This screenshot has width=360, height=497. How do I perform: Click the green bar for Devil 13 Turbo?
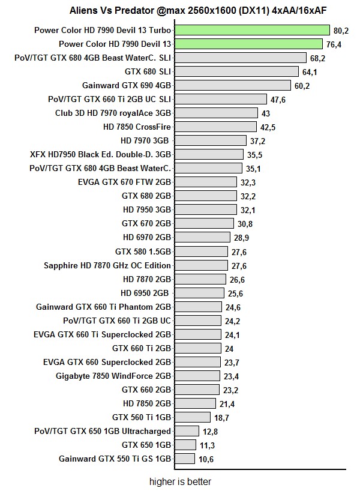[251, 30]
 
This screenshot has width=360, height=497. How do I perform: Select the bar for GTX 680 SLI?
[236, 71]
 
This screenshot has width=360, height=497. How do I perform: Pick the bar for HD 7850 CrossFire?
[214, 127]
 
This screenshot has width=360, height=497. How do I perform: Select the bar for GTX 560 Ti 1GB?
[192, 417]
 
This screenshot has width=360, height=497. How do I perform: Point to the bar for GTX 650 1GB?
[185, 445]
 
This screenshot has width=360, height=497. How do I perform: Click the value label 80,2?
[341, 30]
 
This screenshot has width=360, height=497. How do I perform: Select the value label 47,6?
[278, 100]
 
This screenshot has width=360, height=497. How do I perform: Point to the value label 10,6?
[206, 459]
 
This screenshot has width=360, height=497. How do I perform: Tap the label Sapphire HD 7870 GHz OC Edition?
[107, 265]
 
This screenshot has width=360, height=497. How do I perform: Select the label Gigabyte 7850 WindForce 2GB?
[113, 376]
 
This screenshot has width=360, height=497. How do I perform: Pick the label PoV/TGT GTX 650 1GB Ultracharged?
[103, 431]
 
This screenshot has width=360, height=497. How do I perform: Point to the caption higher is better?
[180, 481]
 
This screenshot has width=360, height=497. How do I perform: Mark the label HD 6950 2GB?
[146, 293]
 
